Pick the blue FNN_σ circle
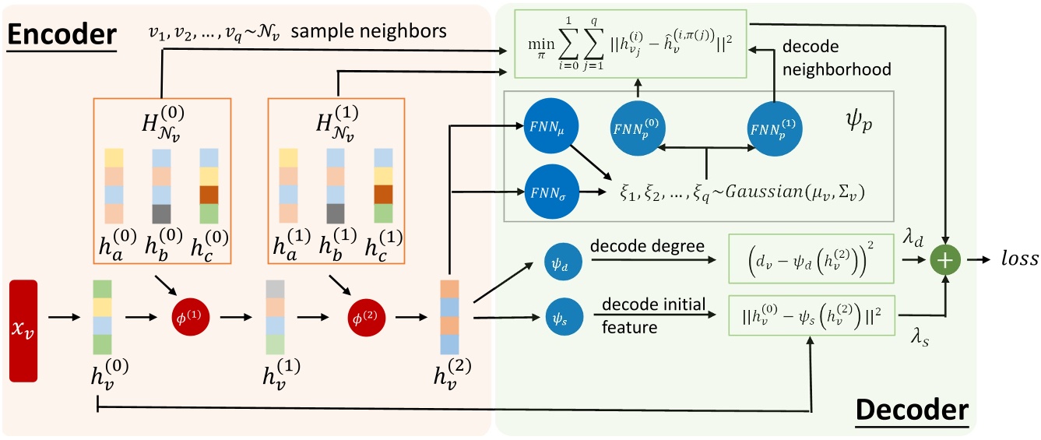coord(546,190)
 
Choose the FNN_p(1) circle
coord(775,125)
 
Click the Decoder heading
coord(912,411)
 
